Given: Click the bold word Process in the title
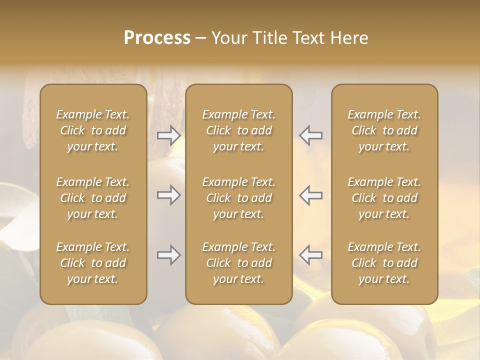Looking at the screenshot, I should pos(157,37).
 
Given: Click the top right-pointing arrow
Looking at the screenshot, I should pos(168,135).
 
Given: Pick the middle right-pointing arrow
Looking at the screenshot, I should pos(168,195).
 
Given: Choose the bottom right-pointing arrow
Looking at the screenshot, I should pos(168,255).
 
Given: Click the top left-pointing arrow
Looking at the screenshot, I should pos(311,135).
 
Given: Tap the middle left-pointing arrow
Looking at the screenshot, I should pos(311,195).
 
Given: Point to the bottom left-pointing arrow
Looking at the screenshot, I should pos(311,255).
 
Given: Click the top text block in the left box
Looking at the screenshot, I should pos(93,130).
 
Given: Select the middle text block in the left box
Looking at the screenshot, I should pos(93,198).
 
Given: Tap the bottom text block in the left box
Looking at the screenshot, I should pos(93,263).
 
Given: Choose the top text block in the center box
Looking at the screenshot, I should pos(238,130).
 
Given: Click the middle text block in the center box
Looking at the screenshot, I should pos(238,198).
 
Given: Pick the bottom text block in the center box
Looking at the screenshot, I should pos(238,263).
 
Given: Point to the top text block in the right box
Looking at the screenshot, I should pos(384,130).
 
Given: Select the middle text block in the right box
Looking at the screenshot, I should pos(384,198).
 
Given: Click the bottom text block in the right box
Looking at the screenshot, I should pos(384,263).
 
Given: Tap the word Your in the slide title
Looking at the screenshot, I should pos(229,37).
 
